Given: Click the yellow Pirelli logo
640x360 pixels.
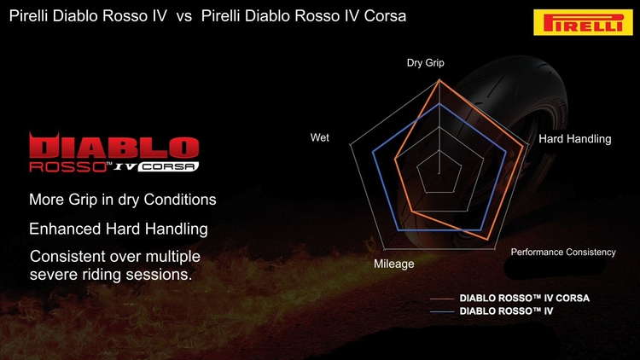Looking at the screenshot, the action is (583, 22).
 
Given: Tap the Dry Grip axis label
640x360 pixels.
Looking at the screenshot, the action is (425, 63).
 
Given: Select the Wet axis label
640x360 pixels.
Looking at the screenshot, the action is (320, 137).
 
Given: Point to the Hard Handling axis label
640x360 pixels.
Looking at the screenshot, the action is (574, 139).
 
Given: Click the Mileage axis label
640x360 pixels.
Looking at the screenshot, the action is (394, 264).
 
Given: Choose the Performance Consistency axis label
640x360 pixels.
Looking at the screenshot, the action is (563, 253).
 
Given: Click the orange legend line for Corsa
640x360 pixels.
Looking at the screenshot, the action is (442, 299).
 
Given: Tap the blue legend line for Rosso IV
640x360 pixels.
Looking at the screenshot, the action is (442, 312).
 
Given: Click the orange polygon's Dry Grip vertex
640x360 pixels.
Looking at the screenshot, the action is (439, 80).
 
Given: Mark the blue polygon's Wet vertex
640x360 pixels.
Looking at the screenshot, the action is (373, 152).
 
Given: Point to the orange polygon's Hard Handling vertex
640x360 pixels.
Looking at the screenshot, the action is (523, 146).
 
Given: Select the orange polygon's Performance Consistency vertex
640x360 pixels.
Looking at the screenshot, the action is (488, 240).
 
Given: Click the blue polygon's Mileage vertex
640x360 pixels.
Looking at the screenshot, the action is (398, 230).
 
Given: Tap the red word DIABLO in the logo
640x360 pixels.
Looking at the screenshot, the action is (113, 146).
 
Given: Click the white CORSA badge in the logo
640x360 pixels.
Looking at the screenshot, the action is (168, 166).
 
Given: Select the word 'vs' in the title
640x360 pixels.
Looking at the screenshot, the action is (184, 16).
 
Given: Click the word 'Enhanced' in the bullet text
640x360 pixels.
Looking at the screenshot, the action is (66, 229).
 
